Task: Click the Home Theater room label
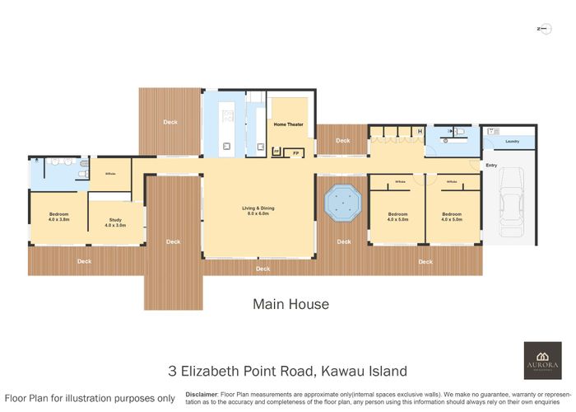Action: [286, 124]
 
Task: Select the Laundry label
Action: [512, 141]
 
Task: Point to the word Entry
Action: [491, 166]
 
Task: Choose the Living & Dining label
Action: [258, 208]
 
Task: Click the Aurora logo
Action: [541, 360]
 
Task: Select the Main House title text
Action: [290, 304]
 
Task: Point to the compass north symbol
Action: [543, 29]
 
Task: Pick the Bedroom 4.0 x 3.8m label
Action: [58, 217]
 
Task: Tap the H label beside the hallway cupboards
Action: [420, 131]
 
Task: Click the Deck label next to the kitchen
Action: [170, 122]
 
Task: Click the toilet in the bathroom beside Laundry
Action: [461, 131]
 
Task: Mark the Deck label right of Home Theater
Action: [342, 141]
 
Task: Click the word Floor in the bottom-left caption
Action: [18, 398]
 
